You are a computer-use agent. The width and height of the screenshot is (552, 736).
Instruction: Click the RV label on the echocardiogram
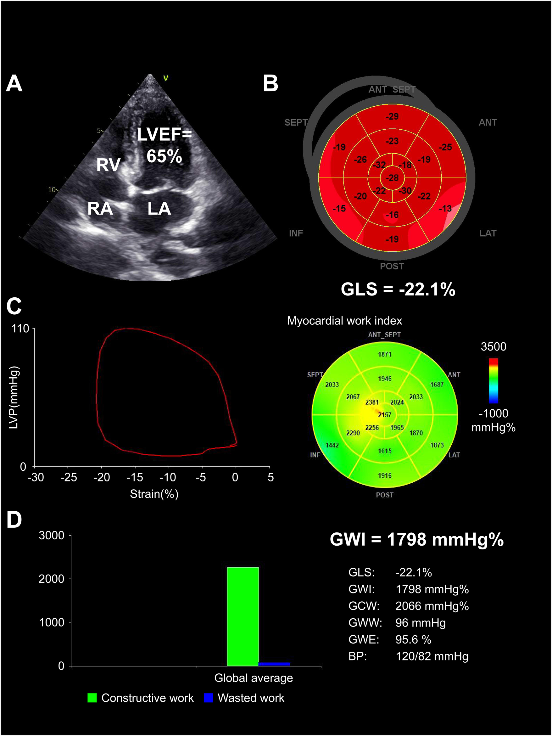[109, 165]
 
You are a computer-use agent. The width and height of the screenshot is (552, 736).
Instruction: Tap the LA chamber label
[159, 209]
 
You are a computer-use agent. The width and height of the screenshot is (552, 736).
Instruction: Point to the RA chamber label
[100, 209]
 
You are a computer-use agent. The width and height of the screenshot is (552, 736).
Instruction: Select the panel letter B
[270, 83]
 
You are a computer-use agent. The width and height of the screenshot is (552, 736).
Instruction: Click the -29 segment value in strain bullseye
[392, 116]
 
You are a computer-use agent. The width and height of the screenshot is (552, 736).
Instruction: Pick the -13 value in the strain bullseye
[445, 209]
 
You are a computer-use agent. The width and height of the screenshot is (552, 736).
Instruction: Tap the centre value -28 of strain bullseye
[392, 178]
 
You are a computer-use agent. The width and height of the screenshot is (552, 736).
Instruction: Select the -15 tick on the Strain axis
[135, 477]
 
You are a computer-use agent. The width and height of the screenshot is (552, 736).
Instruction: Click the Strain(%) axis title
[154, 494]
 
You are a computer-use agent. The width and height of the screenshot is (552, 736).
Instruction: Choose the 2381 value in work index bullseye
[372, 402]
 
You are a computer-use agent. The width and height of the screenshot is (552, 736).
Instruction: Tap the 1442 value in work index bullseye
[332, 445]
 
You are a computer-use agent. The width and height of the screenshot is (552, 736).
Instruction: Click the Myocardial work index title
[344, 321]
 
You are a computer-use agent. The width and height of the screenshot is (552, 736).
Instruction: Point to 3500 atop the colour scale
[493, 347]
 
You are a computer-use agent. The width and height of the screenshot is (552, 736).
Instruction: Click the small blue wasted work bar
[274, 664]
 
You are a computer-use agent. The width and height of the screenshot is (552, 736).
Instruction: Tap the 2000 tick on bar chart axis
[52, 579]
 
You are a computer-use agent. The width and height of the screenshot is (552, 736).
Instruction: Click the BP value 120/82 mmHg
[432, 656]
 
